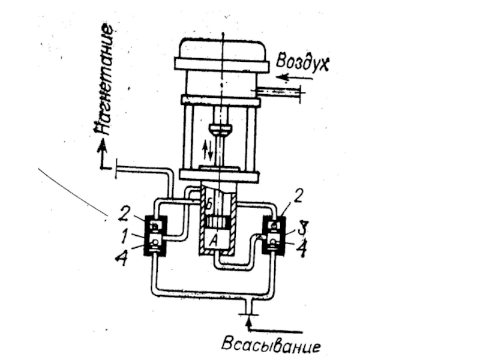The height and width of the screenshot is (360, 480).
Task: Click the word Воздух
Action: [x=303, y=62]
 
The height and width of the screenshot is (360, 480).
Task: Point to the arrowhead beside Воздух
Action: [x=282, y=77]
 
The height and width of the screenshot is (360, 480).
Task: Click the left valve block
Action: [x=156, y=235]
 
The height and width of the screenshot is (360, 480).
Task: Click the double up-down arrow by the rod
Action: [x=208, y=146]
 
